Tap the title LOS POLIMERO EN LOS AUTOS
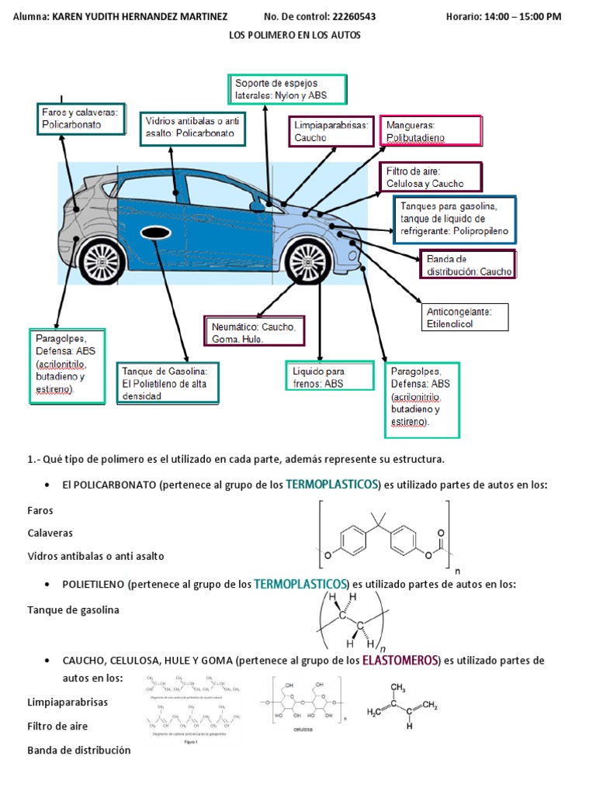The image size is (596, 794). (295, 35)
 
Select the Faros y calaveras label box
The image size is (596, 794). (81, 119)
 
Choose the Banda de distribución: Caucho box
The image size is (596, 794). (468, 264)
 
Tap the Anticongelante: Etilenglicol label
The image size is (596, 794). (465, 316)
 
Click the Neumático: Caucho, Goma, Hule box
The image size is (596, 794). (253, 333)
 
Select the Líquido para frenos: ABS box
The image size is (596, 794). (327, 377)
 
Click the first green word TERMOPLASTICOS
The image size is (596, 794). (332, 485)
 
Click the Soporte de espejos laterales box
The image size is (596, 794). (287, 89)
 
